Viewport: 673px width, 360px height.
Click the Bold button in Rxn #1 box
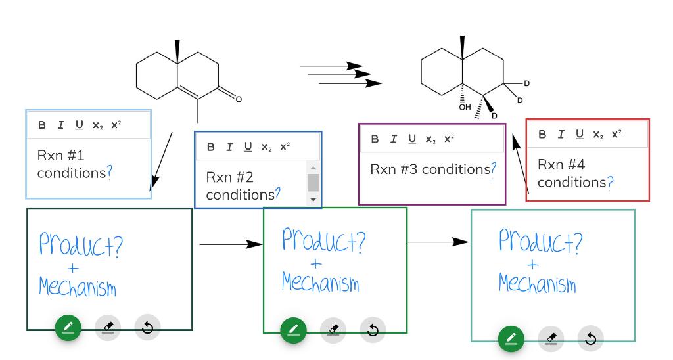click(x=42, y=125)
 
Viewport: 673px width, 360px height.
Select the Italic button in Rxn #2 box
click(x=229, y=146)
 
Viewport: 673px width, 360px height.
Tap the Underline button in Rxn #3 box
click(x=411, y=139)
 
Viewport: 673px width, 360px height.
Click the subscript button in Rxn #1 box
click(x=97, y=125)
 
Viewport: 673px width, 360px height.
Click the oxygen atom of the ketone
click(x=239, y=99)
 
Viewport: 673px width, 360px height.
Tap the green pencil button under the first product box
click(x=68, y=327)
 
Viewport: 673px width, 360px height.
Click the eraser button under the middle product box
click(x=333, y=330)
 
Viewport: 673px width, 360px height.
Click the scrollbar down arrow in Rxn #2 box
click(x=313, y=198)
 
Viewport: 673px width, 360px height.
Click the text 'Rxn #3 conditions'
click(x=430, y=169)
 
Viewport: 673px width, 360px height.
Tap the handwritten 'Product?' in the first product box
click(x=80, y=244)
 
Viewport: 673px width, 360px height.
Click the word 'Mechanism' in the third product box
click(x=536, y=284)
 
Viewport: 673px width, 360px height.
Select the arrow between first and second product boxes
click(x=230, y=244)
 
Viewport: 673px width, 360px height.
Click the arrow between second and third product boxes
click(x=438, y=242)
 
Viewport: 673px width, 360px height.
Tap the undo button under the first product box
click(x=147, y=327)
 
